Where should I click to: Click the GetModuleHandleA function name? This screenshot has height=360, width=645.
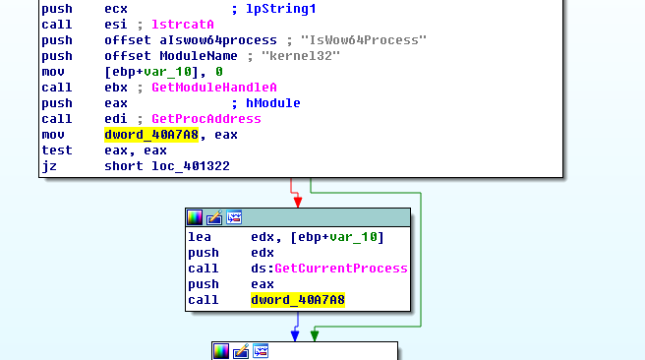198,87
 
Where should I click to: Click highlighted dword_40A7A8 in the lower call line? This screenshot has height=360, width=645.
298,300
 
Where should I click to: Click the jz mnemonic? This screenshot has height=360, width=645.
49,165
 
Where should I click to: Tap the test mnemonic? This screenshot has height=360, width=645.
57,150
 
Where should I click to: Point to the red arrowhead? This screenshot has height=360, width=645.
297,201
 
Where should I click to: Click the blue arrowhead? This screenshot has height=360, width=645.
294,335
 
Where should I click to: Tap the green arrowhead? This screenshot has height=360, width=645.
315,335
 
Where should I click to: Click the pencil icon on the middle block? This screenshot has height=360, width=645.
214,217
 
